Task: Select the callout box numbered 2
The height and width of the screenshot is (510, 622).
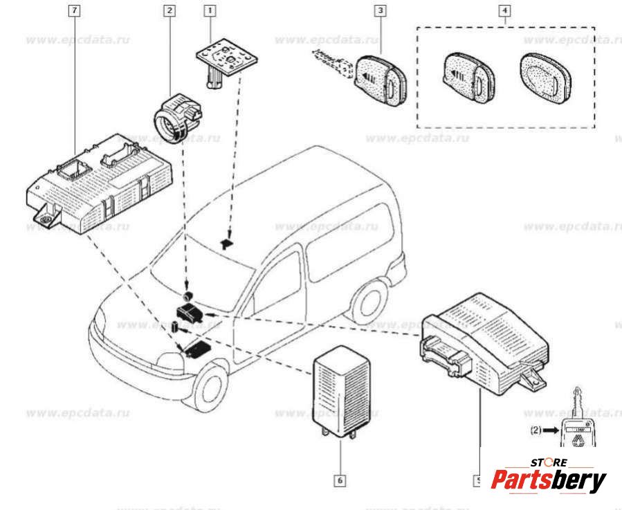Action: [170, 11]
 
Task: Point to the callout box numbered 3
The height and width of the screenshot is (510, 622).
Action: [380, 11]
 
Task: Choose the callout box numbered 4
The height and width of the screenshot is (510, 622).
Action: [505, 11]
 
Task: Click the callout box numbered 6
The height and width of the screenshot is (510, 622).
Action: [340, 479]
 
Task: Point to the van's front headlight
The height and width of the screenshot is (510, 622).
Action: [170, 361]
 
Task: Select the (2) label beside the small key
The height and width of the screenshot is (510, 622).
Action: [540, 430]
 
